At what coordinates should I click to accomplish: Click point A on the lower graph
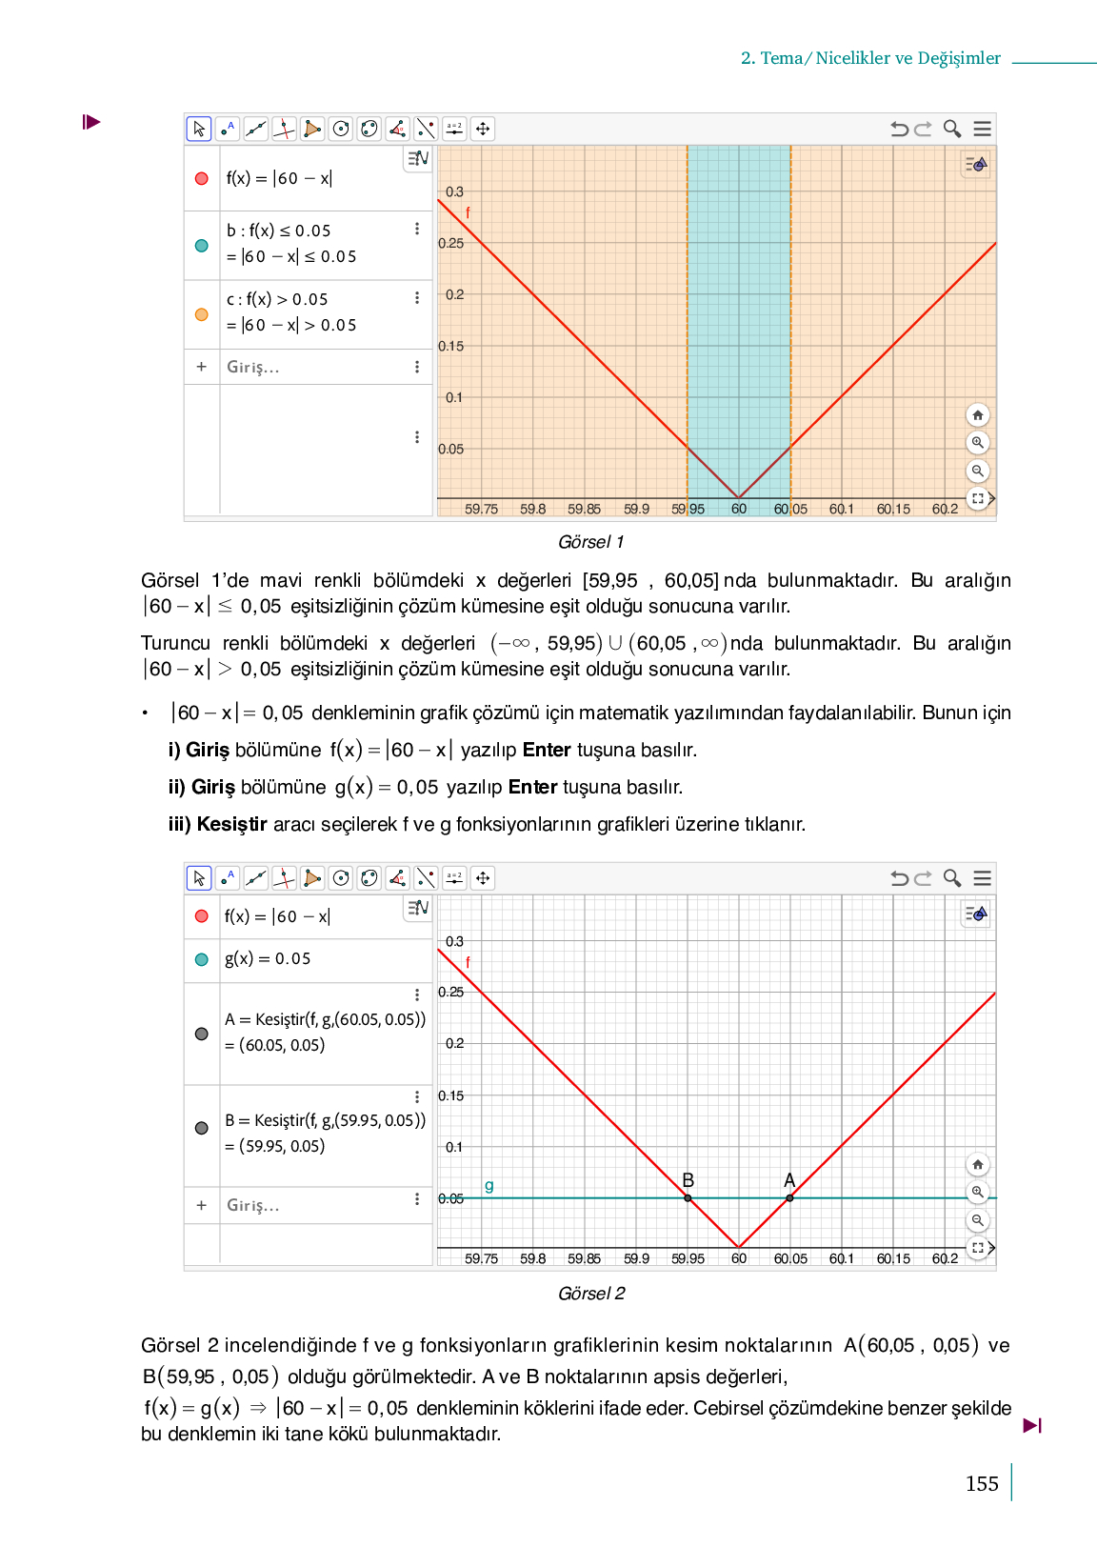pos(789,1197)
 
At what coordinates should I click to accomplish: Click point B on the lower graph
pos(688,1197)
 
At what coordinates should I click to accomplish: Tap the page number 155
pos(982,1483)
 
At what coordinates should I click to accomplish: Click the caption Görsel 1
pos(590,542)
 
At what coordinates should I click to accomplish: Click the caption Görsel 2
pos(591,1293)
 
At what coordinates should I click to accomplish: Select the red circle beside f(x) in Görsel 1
pos(202,178)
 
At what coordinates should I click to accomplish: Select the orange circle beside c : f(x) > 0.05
pos(202,314)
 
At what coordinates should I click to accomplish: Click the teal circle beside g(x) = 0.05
pos(202,959)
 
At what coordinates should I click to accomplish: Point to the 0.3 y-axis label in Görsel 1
pos(454,191)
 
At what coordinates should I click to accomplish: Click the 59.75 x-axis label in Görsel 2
pos(481,1258)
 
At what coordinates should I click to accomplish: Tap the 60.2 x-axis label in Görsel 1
pos(945,509)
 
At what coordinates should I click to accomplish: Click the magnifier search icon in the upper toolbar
pos(951,129)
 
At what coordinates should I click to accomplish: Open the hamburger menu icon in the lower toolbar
pos(983,878)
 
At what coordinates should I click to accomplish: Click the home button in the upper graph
pos(977,415)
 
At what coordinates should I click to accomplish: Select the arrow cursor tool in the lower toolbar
pos(199,878)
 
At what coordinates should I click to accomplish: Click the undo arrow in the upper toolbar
pos(898,129)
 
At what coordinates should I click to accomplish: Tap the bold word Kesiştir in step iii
pos(231,824)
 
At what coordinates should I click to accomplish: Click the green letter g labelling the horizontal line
pos(489,1185)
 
